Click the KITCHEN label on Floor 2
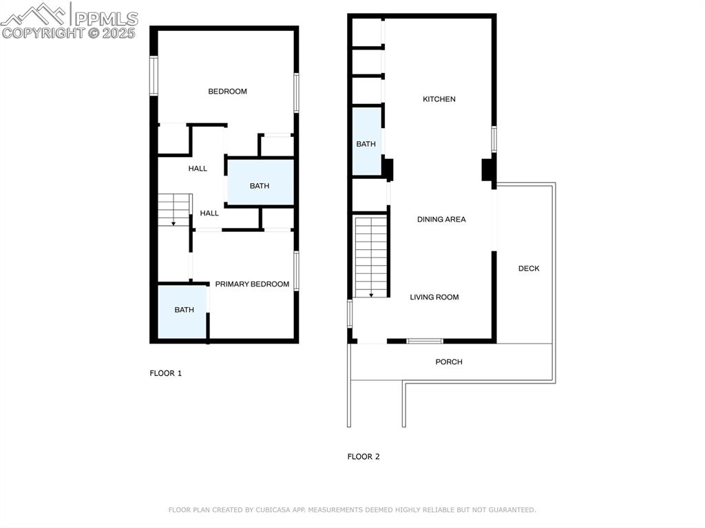(x=439, y=99)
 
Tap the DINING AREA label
(x=441, y=220)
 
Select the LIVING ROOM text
(x=434, y=297)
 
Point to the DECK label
(x=529, y=268)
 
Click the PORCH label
(x=449, y=362)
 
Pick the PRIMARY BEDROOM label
(x=252, y=284)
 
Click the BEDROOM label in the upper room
(x=227, y=92)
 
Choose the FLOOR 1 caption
(x=165, y=373)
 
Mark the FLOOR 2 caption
(x=364, y=456)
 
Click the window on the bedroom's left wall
(x=154, y=76)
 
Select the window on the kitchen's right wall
(x=494, y=139)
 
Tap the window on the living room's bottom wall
(x=425, y=341)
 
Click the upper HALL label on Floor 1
(x=198, y=169)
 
